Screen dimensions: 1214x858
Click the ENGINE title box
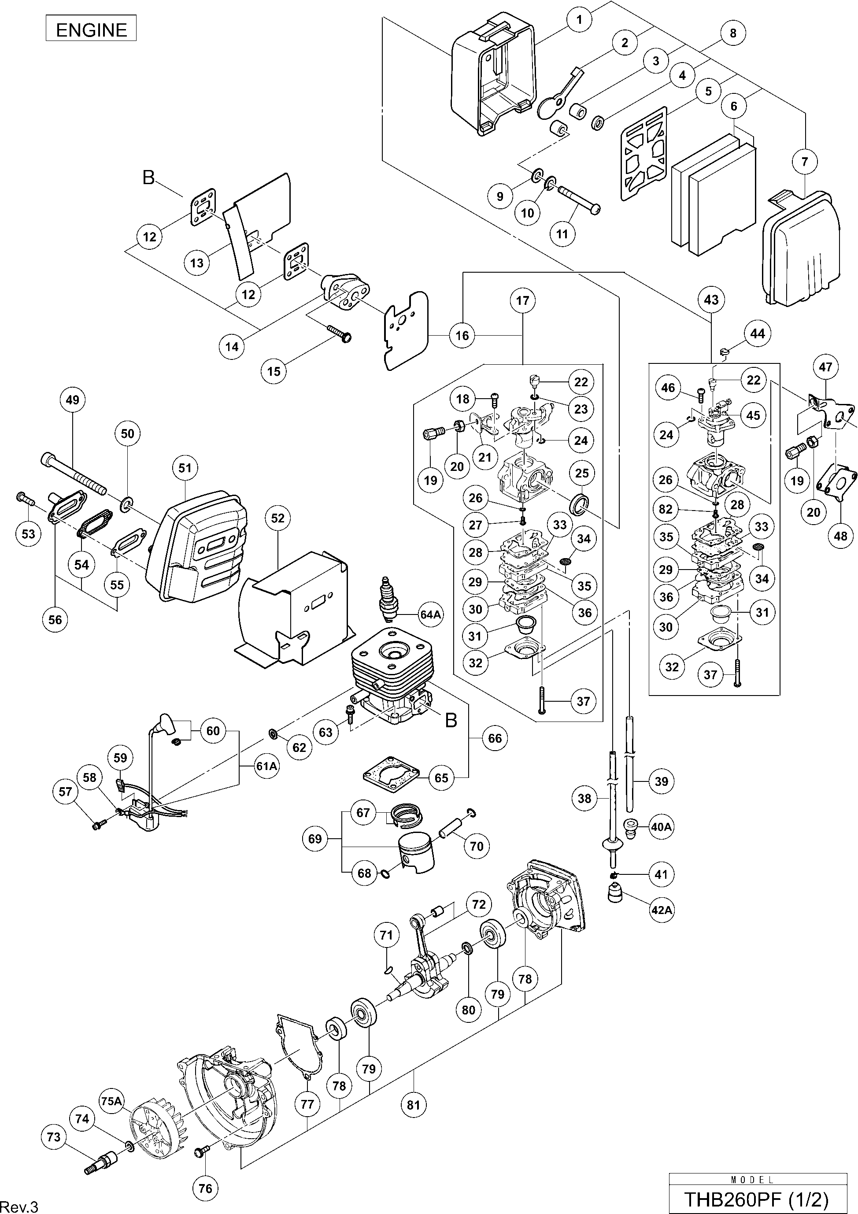coord(91,30)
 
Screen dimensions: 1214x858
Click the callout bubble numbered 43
coord(711,300)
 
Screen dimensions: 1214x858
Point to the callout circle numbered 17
coord(522,300)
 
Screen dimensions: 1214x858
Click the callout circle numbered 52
coord(278,518)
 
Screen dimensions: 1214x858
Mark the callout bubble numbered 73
coord(54,1136)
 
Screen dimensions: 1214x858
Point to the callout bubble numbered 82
coord(666,509)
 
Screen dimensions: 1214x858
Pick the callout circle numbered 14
coord(232,347)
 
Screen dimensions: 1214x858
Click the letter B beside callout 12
coord(148,178)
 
